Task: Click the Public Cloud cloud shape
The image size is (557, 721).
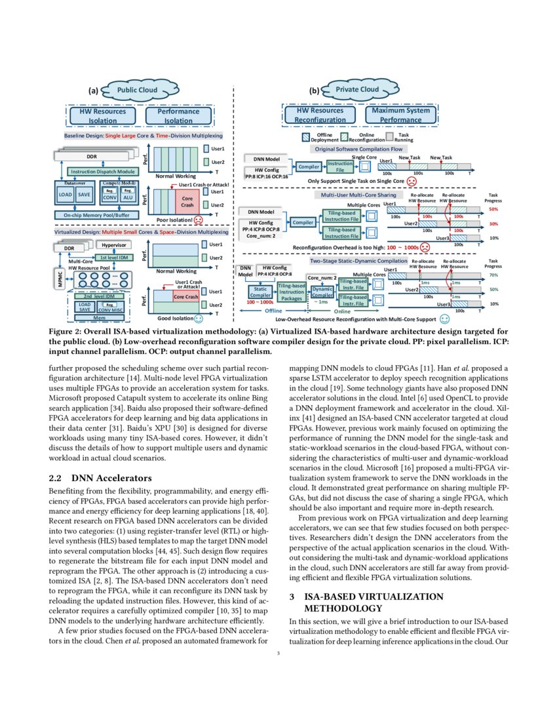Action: tap(136, 90)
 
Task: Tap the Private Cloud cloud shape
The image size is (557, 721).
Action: tap(356, 90)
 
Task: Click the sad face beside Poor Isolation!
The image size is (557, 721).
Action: tap(198, 220)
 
